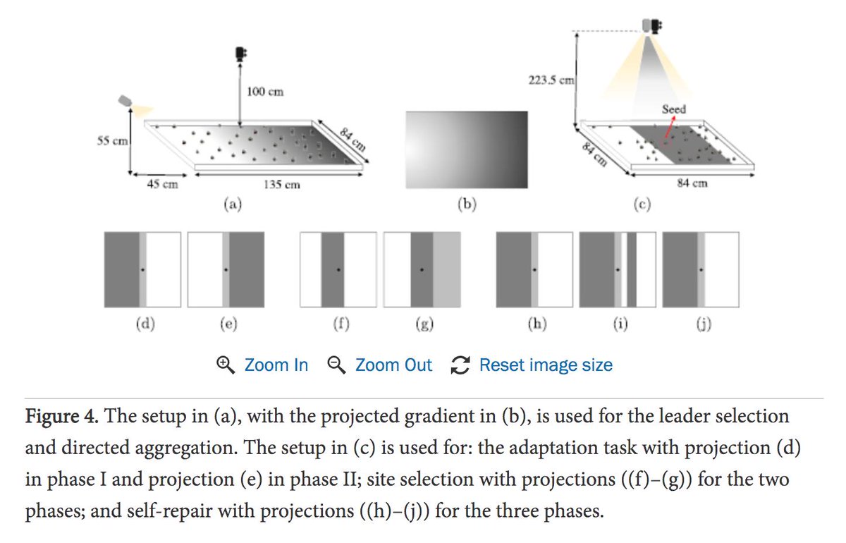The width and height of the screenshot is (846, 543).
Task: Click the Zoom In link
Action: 276,365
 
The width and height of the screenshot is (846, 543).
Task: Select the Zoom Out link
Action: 393,365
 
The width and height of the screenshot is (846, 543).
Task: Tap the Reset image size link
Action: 545,365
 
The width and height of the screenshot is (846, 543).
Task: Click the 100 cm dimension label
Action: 265,92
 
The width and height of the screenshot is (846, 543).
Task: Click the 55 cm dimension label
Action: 111,140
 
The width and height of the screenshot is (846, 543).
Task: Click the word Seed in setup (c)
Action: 673,110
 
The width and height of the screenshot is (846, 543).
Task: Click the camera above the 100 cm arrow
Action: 241,53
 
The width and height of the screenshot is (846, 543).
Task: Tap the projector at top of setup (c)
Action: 649,25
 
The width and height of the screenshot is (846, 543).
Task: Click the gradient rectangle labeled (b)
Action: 466,150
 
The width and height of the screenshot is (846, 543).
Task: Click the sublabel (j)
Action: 701,324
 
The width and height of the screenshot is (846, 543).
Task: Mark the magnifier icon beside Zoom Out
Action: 337,365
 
